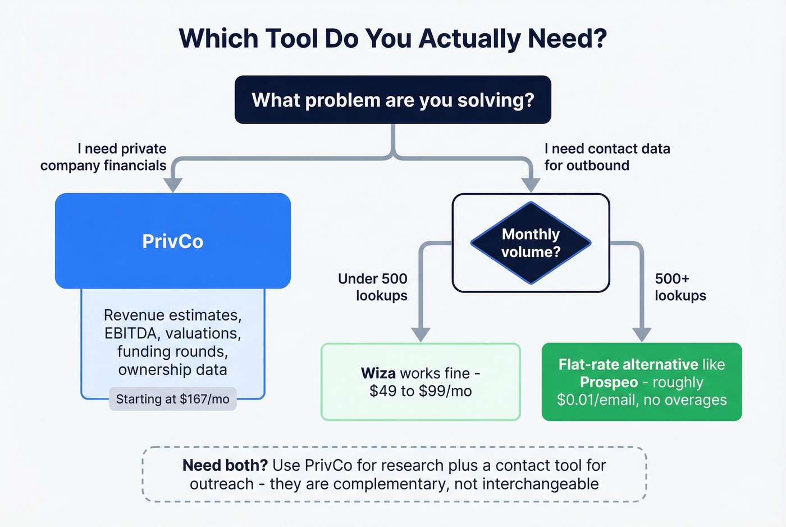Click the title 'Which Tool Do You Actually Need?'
coord(392,39)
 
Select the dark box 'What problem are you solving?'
coord(392,100)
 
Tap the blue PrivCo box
coord(172,241)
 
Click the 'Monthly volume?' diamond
coord(531,243)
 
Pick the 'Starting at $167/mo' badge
coord(172,399)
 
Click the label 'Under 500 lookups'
coord(373,287)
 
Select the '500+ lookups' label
coord(680,287)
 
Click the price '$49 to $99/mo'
coord(421,391)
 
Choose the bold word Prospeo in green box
coord(609,383)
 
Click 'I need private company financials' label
coord(104,157)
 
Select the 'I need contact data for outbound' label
coord(606,157)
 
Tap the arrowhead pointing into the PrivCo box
coord(173,185)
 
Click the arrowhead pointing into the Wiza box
coord(421,334)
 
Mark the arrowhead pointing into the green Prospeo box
coord(642,334)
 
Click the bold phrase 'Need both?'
coord(225,465)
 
